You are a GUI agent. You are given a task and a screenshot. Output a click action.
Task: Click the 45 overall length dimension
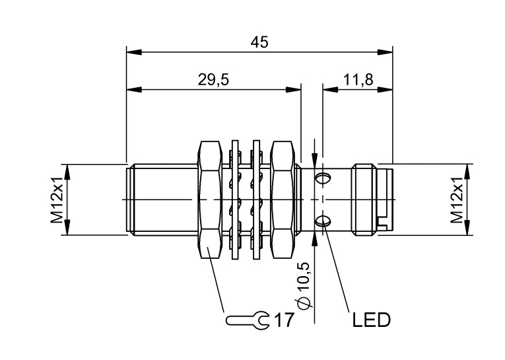point(259,42)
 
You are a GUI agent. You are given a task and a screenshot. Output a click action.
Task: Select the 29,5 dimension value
point(213,80)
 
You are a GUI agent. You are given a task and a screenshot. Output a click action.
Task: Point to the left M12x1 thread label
point(57,199)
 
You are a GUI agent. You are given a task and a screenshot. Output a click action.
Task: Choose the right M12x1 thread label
point(456,199)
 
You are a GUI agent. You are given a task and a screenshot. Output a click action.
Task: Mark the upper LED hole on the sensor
point(323,178)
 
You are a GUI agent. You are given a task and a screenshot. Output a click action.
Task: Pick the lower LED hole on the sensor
point(323,221)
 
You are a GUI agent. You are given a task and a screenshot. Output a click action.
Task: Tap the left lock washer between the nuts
point(235,199)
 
